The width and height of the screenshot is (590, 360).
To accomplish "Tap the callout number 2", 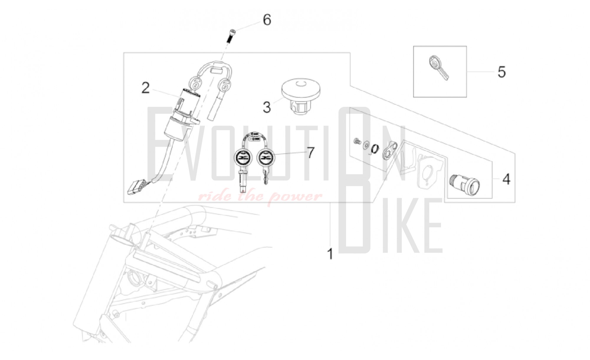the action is pos(145,88).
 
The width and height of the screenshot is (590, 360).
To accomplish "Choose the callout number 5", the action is pos(501,72).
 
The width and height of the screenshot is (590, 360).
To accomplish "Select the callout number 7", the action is pos(310,153).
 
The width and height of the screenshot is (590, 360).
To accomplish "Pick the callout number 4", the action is pos(506,179).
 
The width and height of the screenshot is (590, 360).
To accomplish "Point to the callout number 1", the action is pos(330,254).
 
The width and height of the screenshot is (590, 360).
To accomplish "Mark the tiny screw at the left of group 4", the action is pos(357,141).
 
